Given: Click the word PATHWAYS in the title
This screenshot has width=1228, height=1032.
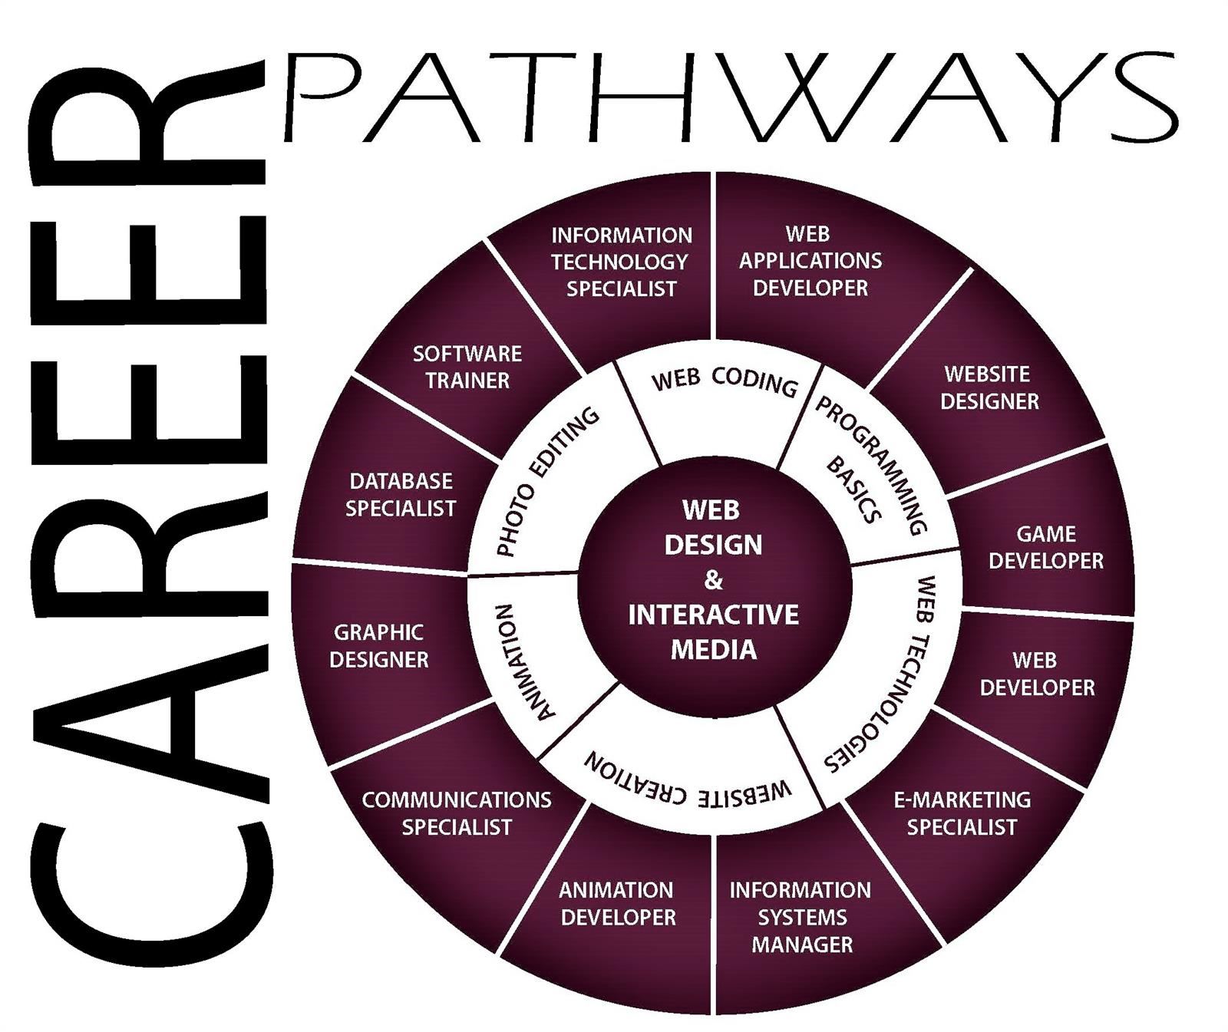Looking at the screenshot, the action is point(731,97).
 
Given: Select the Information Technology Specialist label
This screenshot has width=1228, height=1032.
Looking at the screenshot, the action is point(621,262).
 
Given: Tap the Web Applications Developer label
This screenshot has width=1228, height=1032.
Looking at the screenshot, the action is point(810,261).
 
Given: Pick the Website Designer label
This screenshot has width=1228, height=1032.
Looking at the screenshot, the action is point(989,387).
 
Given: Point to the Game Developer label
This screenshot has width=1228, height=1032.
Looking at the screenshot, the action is point(1045,547).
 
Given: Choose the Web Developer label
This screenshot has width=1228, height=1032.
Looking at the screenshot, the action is point(1037,674).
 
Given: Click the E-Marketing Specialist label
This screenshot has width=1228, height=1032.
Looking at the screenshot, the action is point(962,813).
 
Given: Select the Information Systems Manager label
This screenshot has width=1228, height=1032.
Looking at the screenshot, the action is point(801,917).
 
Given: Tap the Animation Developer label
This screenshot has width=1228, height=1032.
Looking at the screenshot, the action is point(618,903).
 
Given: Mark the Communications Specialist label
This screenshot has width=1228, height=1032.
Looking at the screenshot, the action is point(457,813).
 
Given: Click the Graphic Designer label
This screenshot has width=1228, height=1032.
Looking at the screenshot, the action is point(378,645).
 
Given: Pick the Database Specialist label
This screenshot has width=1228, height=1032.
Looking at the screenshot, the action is point(400,494).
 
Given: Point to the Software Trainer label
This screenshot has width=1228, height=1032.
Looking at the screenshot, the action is point(467,367).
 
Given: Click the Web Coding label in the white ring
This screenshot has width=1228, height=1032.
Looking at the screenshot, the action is point(725,381).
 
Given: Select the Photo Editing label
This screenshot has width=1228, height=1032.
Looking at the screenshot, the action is point(546,481).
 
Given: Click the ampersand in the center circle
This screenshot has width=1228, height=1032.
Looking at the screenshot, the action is point(713,580).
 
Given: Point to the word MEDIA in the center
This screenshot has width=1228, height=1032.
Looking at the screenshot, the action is point(714,650).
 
